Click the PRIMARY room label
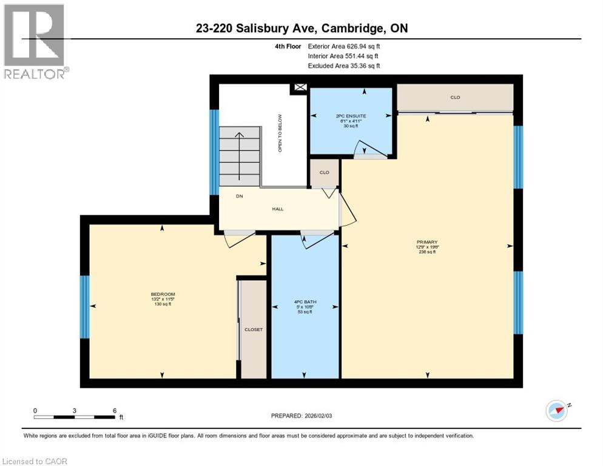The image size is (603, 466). pyautogui.click(x=427, y=242)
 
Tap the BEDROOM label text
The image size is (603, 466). pyautogui.click(x=163, y=294)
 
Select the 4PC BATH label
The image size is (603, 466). pyautogui.click(x=304, y=302)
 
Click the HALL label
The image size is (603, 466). pyautogui.click(x=277, y=209)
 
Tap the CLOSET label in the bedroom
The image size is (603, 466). pyautogui.click(x=253, y=329)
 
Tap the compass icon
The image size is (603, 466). pyautogui.click(x=556, y=411)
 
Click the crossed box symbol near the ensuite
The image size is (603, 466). pyautogui.click(x=300, y=87)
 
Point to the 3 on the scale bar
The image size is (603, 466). pyautogui.click(x=75, y=411)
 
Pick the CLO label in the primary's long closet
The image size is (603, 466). pyautogui.click(x=455, y=97)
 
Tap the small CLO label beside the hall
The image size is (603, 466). pyautogui.click(x=325, y=172)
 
